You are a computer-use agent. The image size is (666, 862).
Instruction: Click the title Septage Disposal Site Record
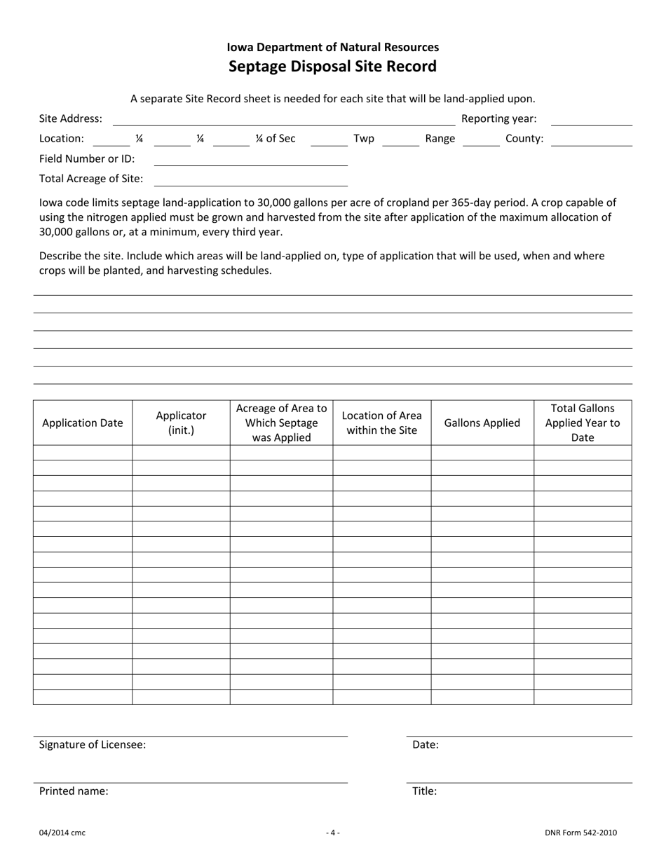click(x=332, y=67)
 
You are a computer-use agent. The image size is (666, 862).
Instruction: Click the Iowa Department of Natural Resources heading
click(x=332, y=47)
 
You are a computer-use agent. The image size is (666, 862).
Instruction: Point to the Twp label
click(x=364, y=139)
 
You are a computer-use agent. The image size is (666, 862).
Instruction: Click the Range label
click(x=440, y=139)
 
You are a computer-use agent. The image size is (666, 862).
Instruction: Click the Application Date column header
click(x=83, y=423)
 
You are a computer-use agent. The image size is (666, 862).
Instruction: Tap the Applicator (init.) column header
click(x=181, y=423)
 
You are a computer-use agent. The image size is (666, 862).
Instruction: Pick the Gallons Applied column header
click(x=482, y=423)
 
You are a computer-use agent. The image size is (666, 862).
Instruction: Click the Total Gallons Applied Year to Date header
click(x=583, y=423)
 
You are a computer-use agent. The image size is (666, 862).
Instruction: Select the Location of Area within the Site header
click(x=381, y=423)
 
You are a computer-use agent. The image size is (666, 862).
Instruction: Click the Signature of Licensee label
click(x=93, y=745)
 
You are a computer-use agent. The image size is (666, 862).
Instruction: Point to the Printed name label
click(x=74, y=791)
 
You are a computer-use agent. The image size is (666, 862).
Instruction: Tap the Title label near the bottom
click(x=424, y=791)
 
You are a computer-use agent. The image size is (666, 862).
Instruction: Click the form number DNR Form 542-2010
click(x=580, y=833)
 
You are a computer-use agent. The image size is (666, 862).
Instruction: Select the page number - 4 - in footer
click(x=333, y=833)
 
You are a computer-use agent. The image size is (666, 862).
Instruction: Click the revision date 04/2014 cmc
click(x=62, y=833)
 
